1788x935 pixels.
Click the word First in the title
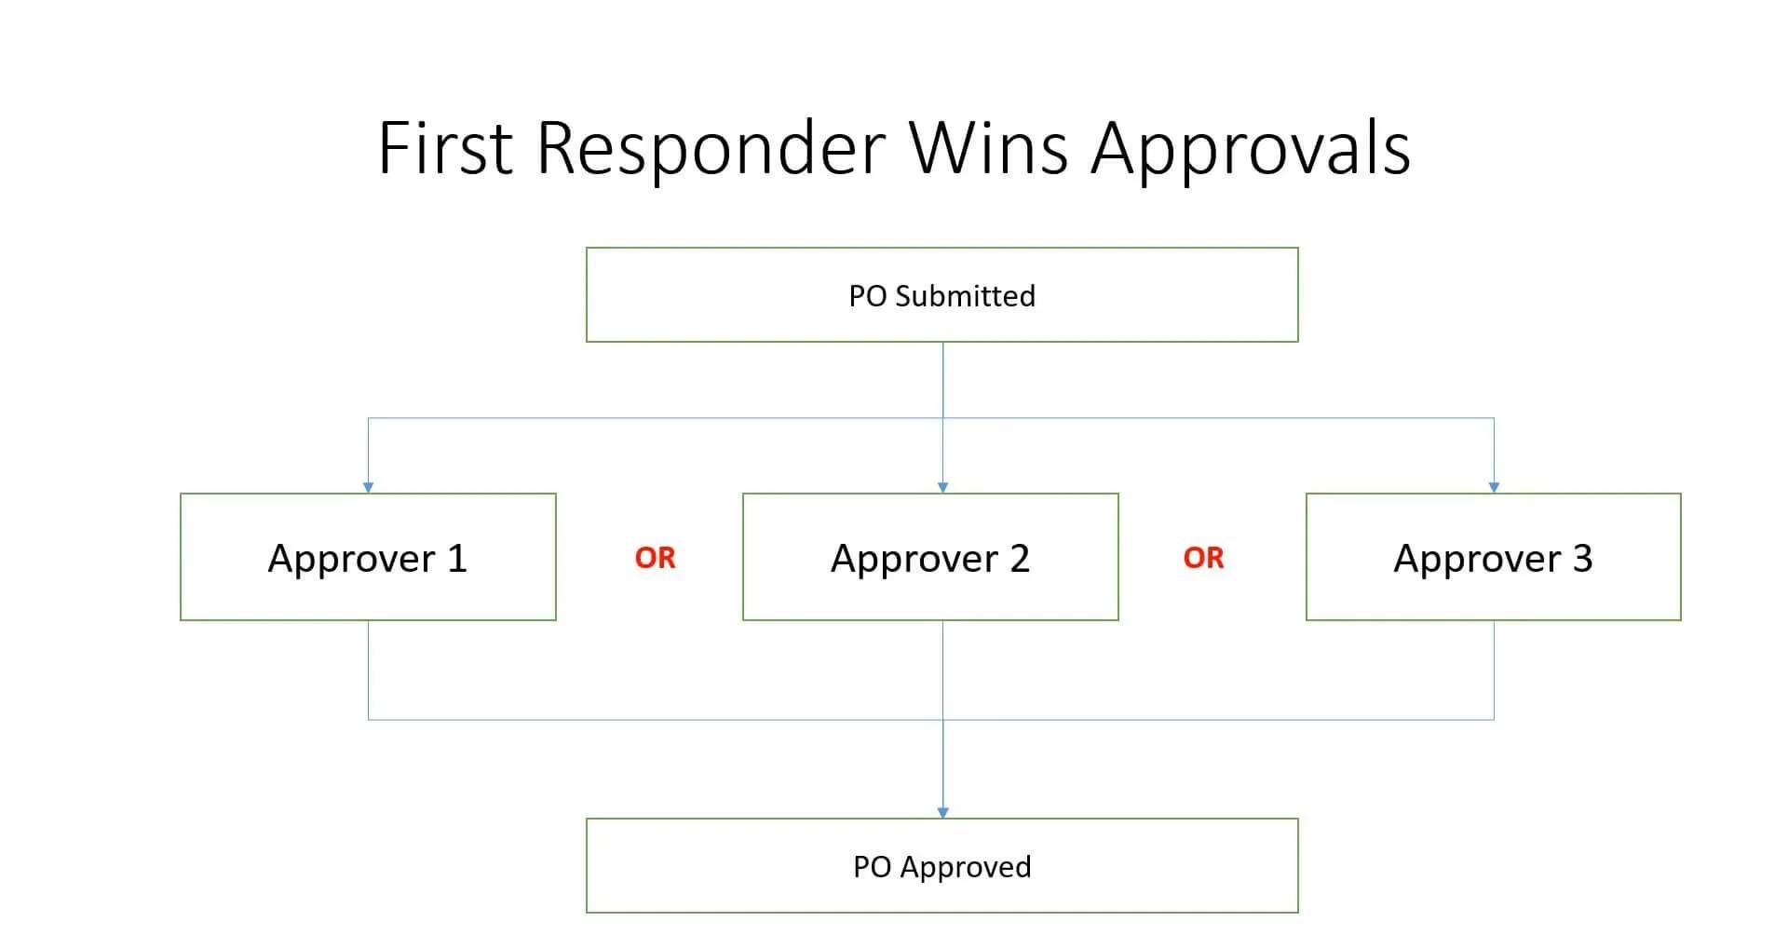pos(445,147)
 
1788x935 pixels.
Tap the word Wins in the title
pos(989,147)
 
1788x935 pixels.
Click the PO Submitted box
pos(942,295)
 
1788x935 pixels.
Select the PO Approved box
pos(942,866)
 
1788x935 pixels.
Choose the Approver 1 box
pos(368,557)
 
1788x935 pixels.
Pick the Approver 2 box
pos(930,557)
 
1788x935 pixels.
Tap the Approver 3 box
pos(1494,557)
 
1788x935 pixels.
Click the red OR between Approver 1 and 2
pos(655,558)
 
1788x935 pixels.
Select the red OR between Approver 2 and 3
pos(1203,558)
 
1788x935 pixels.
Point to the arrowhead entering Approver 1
pos(368,487)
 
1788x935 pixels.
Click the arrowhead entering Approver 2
pos(942,487)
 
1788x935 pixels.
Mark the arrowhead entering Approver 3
pos(1494,487)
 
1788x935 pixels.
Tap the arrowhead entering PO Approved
pos(942,812)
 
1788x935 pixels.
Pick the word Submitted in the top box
pos(965,296)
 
